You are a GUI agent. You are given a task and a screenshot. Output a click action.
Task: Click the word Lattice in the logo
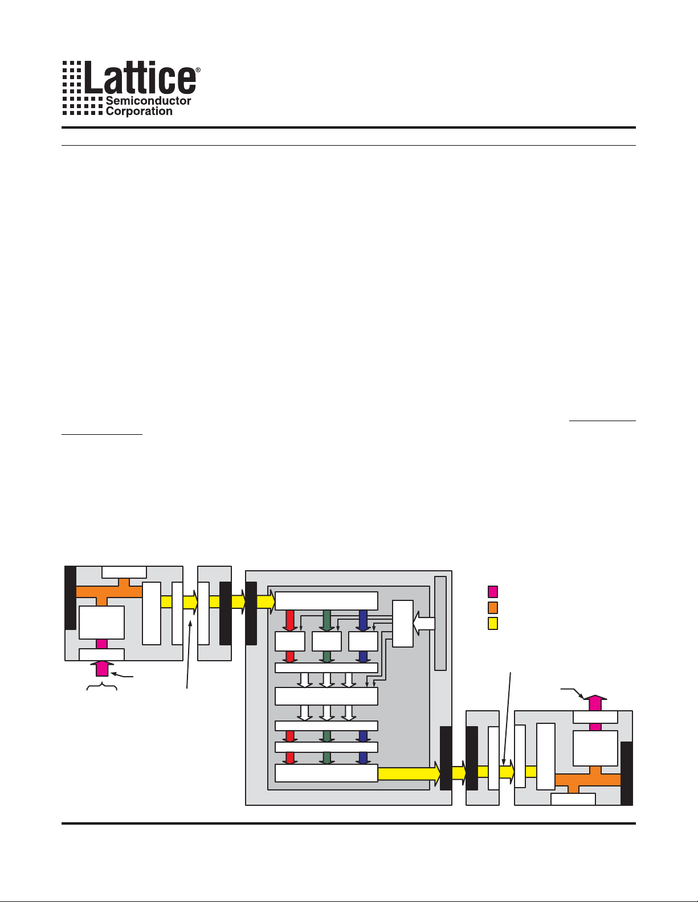(140, 79)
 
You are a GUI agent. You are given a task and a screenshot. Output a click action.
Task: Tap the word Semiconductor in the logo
(148, 101)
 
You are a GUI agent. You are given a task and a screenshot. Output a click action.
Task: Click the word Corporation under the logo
(139, 112)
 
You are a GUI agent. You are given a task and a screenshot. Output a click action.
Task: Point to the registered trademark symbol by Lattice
(198, 70)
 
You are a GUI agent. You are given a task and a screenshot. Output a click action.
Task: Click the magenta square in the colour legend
(493, 592)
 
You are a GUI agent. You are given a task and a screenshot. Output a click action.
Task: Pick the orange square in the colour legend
(493, 607)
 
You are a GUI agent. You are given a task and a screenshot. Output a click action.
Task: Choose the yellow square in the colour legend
(493, 623)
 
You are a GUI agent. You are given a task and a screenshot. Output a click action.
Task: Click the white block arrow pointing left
(423, 624)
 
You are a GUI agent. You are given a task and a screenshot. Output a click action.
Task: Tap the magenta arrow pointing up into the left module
(102, 668)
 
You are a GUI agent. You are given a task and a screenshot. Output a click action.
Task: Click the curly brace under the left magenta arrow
(102, 688)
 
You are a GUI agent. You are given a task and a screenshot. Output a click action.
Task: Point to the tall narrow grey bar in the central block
(440, 623)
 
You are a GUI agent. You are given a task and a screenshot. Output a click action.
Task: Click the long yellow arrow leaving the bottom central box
(409, 773)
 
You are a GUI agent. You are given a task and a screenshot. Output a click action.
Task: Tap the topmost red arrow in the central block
(289, 620)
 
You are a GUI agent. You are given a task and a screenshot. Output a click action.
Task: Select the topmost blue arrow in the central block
(363, 620)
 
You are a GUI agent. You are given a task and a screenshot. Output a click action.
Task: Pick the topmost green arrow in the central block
(326, 620)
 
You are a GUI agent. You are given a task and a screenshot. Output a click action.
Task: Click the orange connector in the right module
(587, 780)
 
